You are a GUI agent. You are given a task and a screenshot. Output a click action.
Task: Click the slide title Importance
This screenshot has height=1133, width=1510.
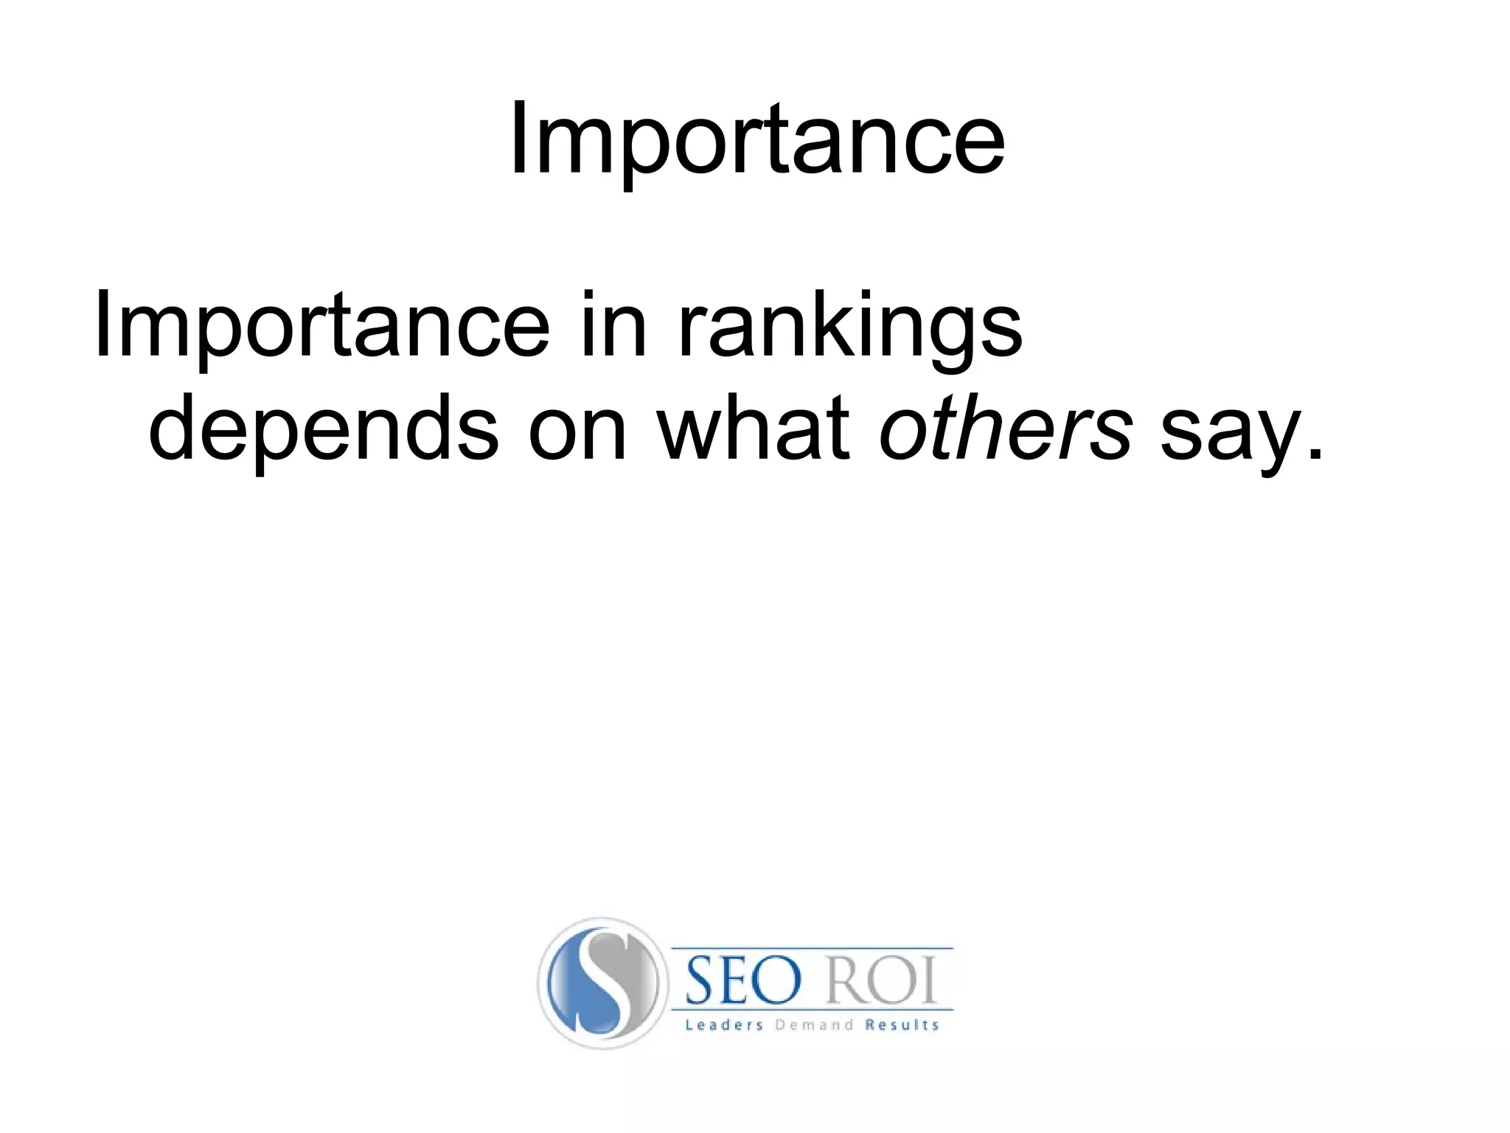[756, 140]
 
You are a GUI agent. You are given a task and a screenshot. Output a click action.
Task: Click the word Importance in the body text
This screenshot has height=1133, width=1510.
[321, 325]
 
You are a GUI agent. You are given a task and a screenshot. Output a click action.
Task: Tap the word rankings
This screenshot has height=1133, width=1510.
[849, 325]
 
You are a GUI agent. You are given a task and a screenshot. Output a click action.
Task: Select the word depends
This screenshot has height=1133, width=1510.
[323, 428]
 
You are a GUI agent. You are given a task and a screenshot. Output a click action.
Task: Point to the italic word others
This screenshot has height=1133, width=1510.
[1006, 428]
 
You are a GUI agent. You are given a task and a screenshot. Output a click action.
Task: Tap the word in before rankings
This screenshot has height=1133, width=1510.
[613, 325]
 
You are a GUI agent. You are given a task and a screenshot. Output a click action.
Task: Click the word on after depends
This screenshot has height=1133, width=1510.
[577, 432]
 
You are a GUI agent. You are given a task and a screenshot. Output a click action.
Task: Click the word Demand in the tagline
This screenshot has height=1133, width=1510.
[814, 1025]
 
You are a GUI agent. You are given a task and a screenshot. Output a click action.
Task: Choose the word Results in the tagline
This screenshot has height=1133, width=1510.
[902, 1025]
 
